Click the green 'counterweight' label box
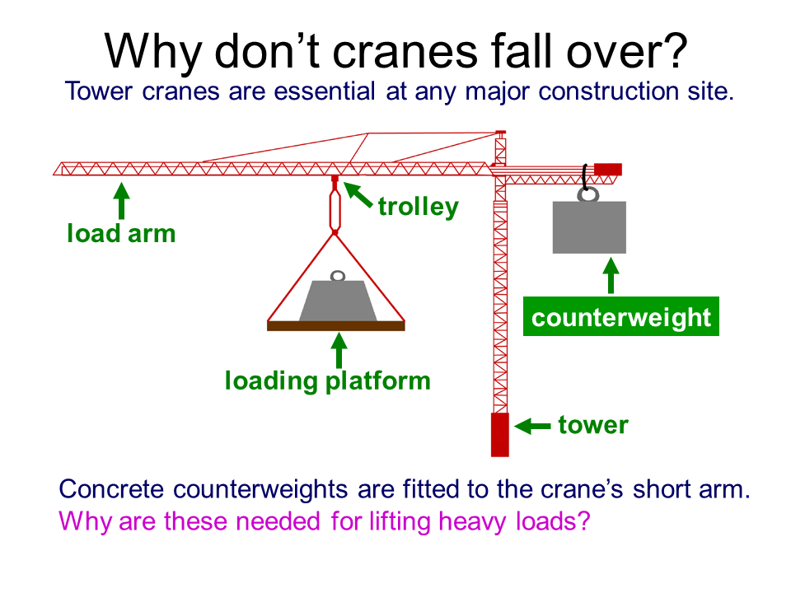(x=621, y=316)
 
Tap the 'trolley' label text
(x=419, y=207)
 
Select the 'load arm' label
(x=122, y=233)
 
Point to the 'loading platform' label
(x=328, y=381)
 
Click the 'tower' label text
(x=593, y=425)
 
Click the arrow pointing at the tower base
(x=532, y=426)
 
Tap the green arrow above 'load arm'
(x=121, y=201)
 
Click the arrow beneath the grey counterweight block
(x=611, y=276)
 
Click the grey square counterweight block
(x=589, y=227)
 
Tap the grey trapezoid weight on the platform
(x=338, y=301)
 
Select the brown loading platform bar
(x=336, y=326)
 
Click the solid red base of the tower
(x=500, y=435)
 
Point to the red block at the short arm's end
(x=608, y=170)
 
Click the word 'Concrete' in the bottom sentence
(x=111, y=489)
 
